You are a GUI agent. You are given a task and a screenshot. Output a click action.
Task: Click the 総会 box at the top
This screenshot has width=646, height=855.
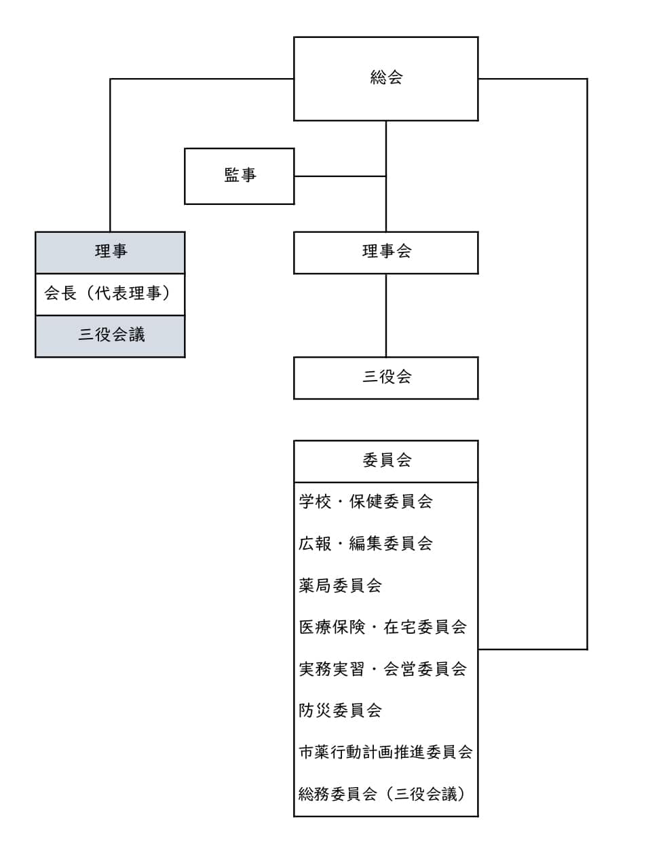[x=385, y=79]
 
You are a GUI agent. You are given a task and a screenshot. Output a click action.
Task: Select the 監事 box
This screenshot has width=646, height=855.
[x=239, y=176]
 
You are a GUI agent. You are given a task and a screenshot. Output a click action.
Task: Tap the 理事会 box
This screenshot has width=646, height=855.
[x=385, y=253]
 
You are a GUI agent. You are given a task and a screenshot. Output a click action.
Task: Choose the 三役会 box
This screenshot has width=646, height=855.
[x=385, y=378]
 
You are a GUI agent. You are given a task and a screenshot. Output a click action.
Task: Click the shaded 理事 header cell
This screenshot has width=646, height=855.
[x=110, y=252]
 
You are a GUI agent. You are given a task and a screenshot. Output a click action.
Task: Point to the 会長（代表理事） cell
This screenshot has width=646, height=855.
[x=110, y=294]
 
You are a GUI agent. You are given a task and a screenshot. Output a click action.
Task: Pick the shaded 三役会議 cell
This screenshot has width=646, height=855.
[x=110, y=336]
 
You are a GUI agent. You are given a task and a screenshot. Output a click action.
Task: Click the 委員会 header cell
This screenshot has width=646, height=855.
[x=385, y=461]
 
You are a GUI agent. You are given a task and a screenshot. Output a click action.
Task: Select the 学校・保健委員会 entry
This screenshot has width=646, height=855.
[x=365, y=501]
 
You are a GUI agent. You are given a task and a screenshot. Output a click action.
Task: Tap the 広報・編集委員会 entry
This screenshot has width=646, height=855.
[x=365, y=544]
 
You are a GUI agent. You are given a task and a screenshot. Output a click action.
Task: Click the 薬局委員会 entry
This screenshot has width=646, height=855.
[x=340, y=585]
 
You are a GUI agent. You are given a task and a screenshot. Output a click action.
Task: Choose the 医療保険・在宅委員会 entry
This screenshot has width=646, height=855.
[x=383, y=627]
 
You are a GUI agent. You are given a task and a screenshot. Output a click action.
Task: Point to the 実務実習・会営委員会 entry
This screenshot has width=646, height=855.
[x=383, y=669]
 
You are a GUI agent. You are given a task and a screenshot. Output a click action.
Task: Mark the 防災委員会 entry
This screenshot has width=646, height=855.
[x=340, y=710]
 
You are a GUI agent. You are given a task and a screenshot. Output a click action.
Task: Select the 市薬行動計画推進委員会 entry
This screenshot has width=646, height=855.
[x=385, y=752]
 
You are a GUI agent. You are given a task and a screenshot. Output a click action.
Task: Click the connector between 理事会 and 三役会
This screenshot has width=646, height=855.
[x=386, y=316]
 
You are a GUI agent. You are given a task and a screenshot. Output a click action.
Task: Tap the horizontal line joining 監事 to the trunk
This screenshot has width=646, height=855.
[x=340, y=176]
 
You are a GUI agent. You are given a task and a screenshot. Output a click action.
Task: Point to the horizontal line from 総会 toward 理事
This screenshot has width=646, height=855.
[x=202, y=79]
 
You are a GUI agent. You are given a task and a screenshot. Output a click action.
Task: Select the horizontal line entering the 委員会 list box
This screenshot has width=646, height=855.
[x=533, y=649]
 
